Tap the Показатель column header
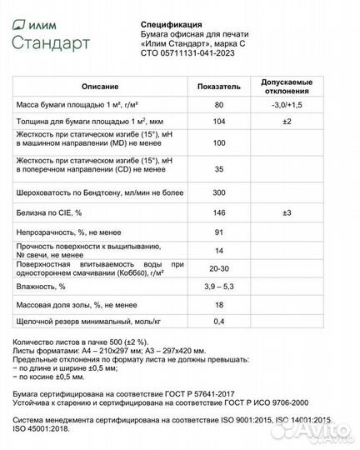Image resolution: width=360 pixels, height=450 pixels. coord(219,87)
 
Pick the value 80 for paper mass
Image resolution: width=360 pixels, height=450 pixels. coord(219,106)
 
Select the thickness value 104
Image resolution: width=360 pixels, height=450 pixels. coord(219,122)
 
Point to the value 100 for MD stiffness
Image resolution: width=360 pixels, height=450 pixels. coord(219,144)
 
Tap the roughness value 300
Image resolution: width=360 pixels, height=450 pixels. coord(219,192)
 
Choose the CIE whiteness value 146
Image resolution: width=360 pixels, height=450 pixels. coord(219,213)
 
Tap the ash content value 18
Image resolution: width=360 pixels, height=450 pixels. coord(219,306)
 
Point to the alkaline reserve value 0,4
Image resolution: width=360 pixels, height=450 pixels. coord(219,322)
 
